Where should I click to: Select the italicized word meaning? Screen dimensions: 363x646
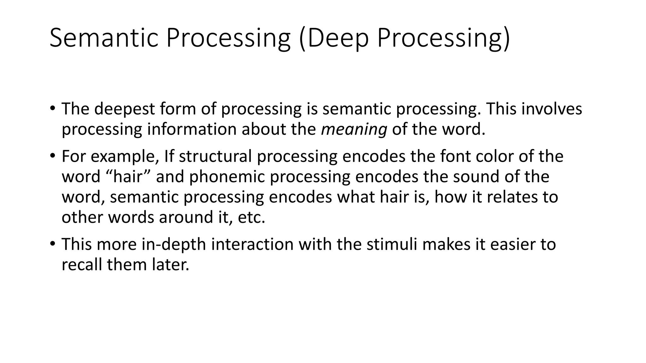click(x=354, y=129)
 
